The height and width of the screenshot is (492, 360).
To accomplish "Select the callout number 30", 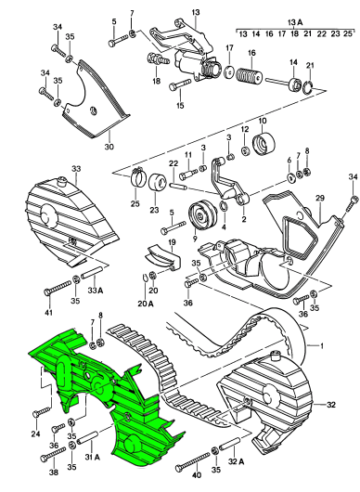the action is (109, 147).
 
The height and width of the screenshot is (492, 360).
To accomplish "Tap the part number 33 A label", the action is (96, 291).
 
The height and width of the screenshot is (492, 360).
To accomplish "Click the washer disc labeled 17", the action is (229, 72).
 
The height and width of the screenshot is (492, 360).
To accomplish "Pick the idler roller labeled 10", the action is (264, 143).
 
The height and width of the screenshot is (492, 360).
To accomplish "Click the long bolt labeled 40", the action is (193, 461).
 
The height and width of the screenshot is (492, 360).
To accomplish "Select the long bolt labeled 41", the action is (58, 288).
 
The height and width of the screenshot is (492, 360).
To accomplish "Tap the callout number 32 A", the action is (237, 461).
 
